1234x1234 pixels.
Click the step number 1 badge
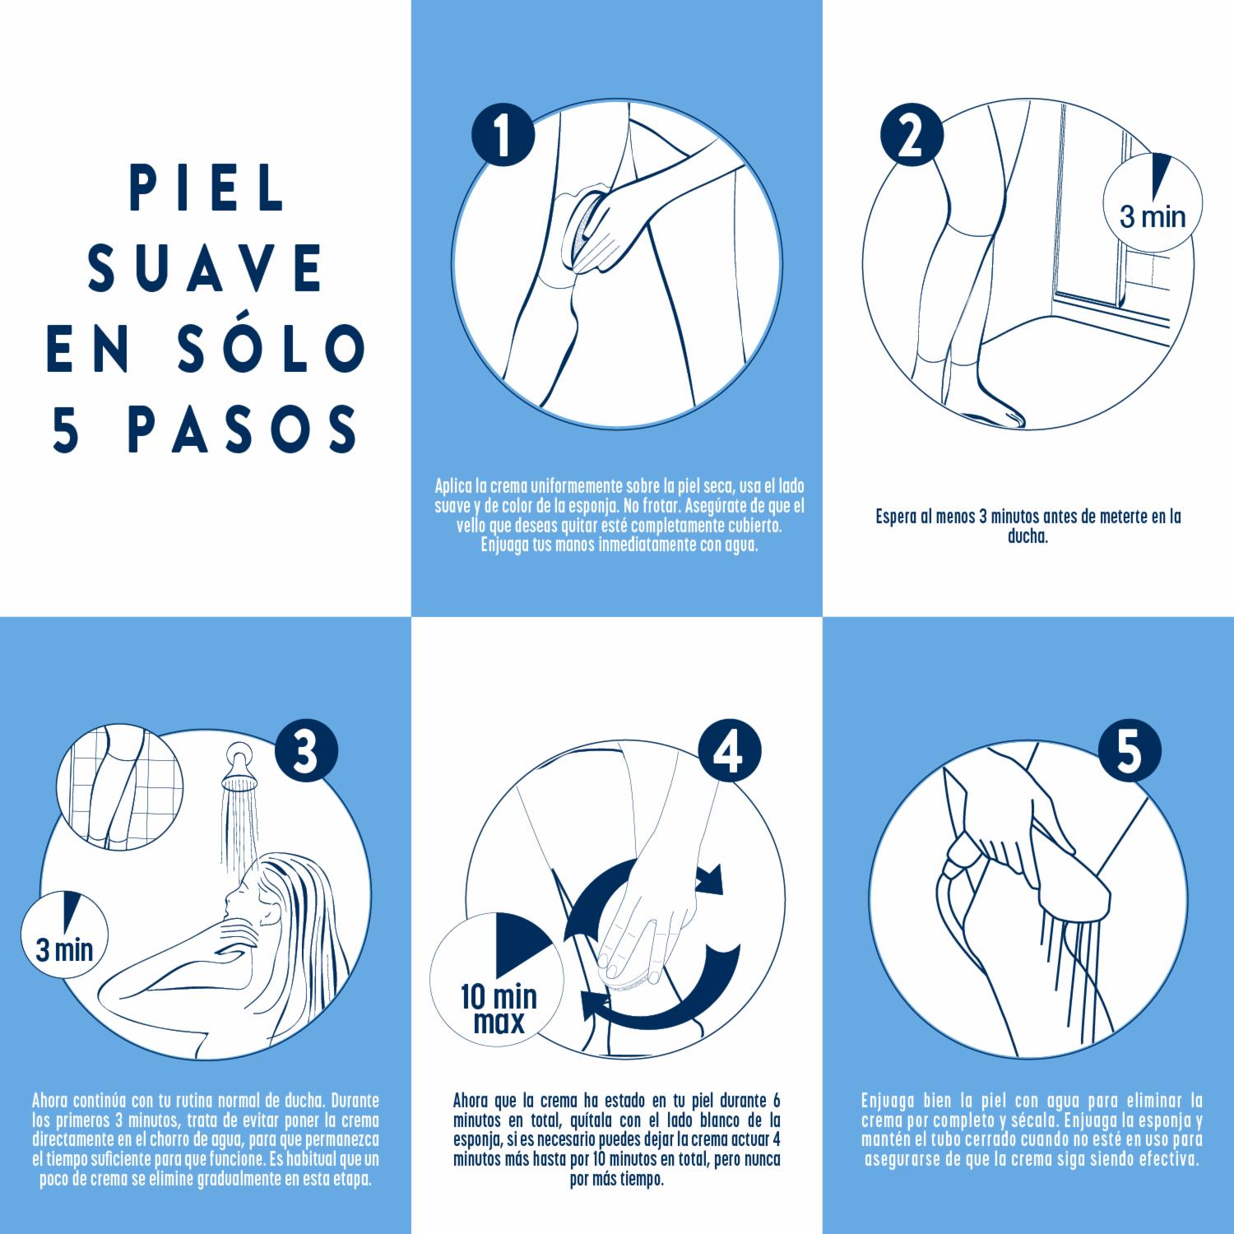click(x=503, y=137)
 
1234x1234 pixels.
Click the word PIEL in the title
click(x=208, y=190)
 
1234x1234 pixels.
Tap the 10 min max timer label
click(x=499, y=1009)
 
